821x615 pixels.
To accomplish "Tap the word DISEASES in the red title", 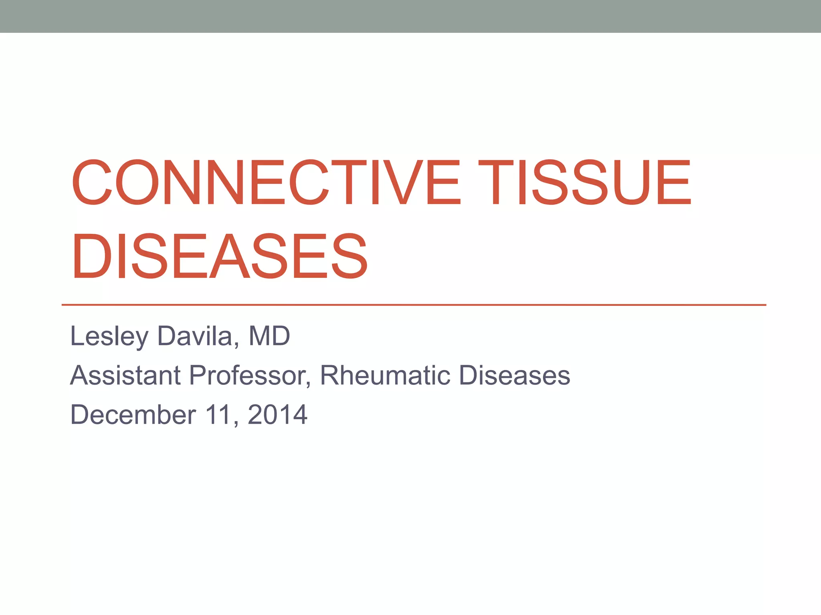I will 219,256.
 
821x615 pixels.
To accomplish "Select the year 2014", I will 277,414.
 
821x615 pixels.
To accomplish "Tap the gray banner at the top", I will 410,16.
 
